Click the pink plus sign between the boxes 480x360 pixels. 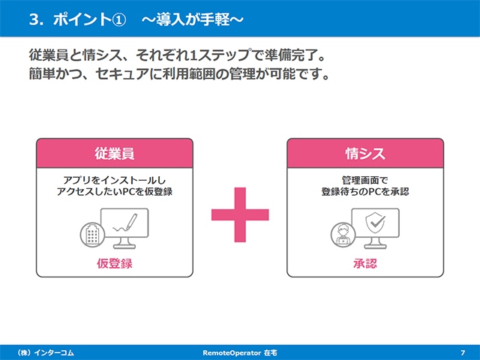(240, 214)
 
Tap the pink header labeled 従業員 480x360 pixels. (115, 153)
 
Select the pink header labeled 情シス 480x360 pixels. (365, 153)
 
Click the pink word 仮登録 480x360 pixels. (115, 263)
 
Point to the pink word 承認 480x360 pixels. (365, 263)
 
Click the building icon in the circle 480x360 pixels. (92, 235)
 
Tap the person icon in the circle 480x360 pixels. (343, 235)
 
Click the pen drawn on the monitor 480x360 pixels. (131, 221)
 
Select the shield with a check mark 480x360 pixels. (375, 223)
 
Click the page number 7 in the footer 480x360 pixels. (463, 352)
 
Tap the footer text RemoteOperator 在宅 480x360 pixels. (240, 352)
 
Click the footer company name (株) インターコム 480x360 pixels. (46, 352)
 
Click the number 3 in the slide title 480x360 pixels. (34, 19)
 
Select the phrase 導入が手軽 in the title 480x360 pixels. (193, 19)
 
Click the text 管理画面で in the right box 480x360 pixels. (365, 180)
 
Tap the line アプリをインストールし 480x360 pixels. (115, 180)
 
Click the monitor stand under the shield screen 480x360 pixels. (375, 243)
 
